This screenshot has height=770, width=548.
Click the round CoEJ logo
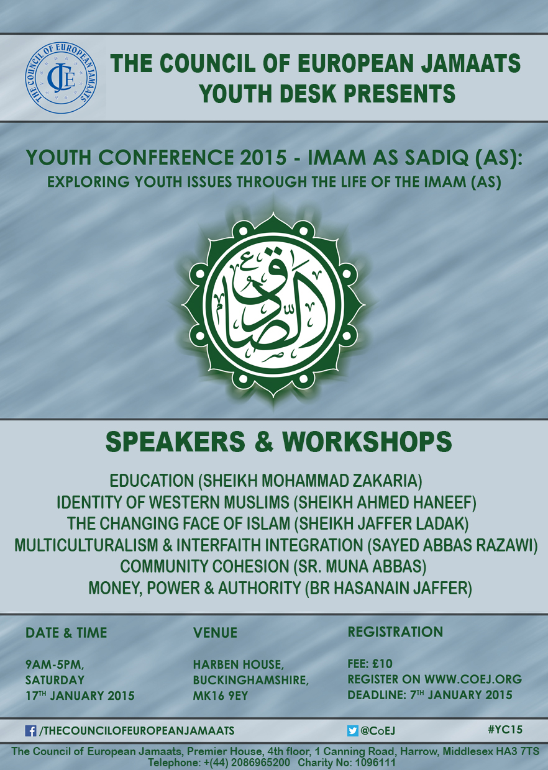(61, 78)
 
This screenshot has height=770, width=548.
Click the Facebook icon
(30, 730)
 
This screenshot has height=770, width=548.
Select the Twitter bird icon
(353, 730)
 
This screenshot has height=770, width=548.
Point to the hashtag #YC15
(505, 730)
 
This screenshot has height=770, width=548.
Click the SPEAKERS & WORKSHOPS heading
(278, 442)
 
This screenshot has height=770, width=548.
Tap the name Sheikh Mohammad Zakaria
(313, 481)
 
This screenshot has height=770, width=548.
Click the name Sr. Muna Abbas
(360, 566)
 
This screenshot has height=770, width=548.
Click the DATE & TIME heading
(66, 633)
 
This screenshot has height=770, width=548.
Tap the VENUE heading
(216, 633)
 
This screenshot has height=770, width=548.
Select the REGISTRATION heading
(395, 632)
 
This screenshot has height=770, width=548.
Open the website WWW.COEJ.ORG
(473, 679)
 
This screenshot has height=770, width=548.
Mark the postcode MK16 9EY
(221, 695)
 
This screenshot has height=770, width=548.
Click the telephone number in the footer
(247, 762)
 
